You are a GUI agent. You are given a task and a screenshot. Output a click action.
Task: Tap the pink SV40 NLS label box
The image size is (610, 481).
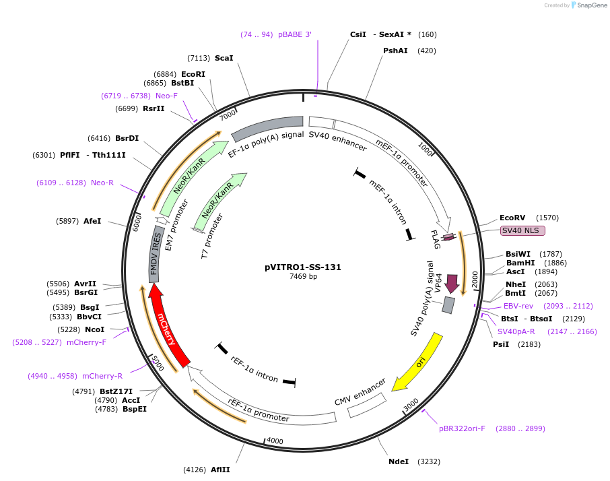click(522, 230)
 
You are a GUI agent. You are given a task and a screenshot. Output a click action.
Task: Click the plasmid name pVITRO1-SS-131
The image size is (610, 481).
click(303, 267)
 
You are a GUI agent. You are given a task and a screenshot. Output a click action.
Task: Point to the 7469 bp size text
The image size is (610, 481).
click(303, 276)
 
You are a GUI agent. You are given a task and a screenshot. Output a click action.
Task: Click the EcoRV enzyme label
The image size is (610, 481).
click(512, 218)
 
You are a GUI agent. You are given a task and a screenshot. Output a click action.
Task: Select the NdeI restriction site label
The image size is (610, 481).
click(399, 461)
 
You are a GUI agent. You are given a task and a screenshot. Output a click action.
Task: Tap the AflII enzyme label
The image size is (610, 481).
click(220, 469)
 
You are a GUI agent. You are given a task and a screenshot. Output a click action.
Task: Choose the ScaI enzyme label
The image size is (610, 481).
click(224, 58)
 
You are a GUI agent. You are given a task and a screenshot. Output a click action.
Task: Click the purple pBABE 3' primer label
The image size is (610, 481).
click(295, 34)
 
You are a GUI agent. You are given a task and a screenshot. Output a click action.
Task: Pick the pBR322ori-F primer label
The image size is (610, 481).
click(462, 428)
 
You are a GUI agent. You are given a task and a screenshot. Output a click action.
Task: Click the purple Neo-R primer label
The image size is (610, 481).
click(102, 183)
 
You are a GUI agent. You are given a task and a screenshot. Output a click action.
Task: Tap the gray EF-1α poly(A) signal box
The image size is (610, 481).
click(267, 128)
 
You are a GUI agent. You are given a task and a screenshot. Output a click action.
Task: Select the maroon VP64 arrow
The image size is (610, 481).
click(452, 284)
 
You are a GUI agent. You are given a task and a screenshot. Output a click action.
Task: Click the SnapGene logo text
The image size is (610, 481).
click(589, 5)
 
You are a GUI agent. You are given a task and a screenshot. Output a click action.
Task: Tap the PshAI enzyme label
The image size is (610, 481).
click(395, 51)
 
